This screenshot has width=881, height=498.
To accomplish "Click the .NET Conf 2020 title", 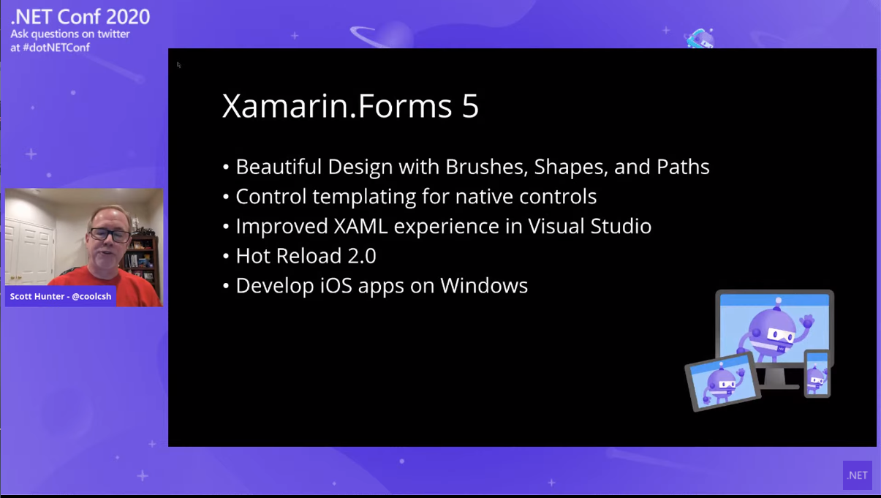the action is (x=80, y=17).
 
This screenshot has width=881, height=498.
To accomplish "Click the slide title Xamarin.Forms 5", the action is (x=350, y=105).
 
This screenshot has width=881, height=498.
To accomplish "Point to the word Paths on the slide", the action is (x=683, y=167).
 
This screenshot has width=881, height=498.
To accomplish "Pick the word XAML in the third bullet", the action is (x=360, y=226).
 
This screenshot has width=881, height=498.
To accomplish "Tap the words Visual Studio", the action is (x=589, y=226).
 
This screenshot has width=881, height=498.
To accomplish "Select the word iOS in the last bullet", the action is (x=336, y=286).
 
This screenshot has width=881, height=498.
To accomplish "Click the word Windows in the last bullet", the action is (x=484, y=286).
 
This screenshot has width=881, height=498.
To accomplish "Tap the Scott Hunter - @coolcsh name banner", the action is (x=61, y=296).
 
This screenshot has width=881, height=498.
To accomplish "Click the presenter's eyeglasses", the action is (x=110, y=235).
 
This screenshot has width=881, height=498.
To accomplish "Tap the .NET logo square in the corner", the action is (x=858, y=475).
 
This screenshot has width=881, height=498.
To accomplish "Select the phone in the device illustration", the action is (x=817, y=374).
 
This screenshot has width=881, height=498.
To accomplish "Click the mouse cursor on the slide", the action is (x=178, y=65).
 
